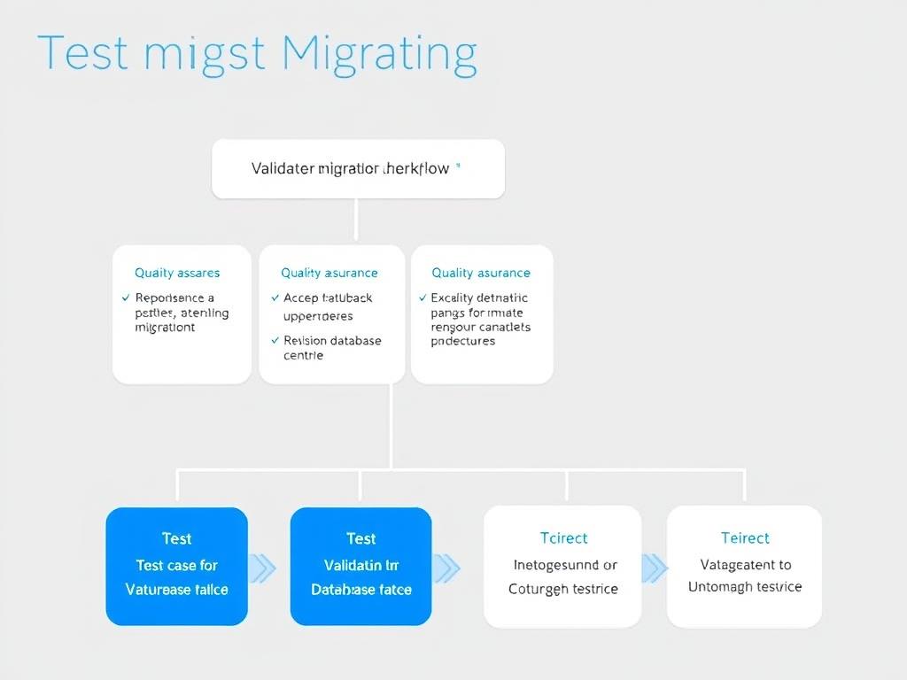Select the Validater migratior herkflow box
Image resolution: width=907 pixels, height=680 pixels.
pos(358,168)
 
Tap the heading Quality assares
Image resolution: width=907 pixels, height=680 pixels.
pos(177,273)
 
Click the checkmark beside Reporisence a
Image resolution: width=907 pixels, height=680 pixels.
pos(126,298)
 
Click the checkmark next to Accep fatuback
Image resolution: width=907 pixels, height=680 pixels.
pos(275,298)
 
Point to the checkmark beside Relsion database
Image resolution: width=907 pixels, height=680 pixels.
pos(275,341)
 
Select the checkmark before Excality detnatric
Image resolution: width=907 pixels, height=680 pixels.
pos(422,298)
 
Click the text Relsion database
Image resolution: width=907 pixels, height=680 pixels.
pos(332,341)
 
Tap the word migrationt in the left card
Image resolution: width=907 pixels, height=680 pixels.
pos(165,328)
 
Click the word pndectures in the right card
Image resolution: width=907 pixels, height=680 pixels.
pos(462,341)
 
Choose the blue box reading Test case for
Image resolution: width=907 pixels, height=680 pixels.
pos(176,566)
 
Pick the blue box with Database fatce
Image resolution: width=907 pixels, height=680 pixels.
pos(360,589)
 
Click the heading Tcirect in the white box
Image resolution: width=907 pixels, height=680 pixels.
pos(563,538)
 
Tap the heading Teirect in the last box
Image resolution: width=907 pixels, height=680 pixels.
pos(745,538)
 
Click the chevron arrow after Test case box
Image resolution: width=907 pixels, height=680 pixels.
pos(264,568)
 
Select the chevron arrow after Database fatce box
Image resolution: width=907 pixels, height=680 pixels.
pos(447,568)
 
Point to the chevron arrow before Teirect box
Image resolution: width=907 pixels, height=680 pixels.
pos(654,568)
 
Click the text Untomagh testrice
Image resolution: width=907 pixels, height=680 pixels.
pos(745,587)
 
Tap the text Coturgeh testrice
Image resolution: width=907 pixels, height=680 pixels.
pos(563,589)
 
